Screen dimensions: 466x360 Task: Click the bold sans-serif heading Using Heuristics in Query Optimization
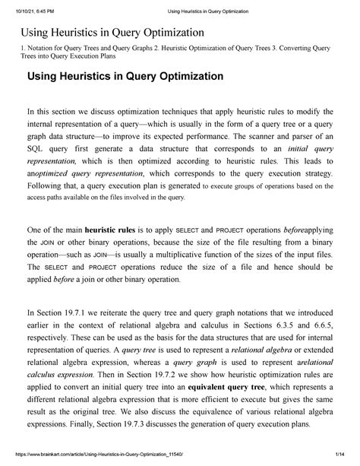point(125,77)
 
